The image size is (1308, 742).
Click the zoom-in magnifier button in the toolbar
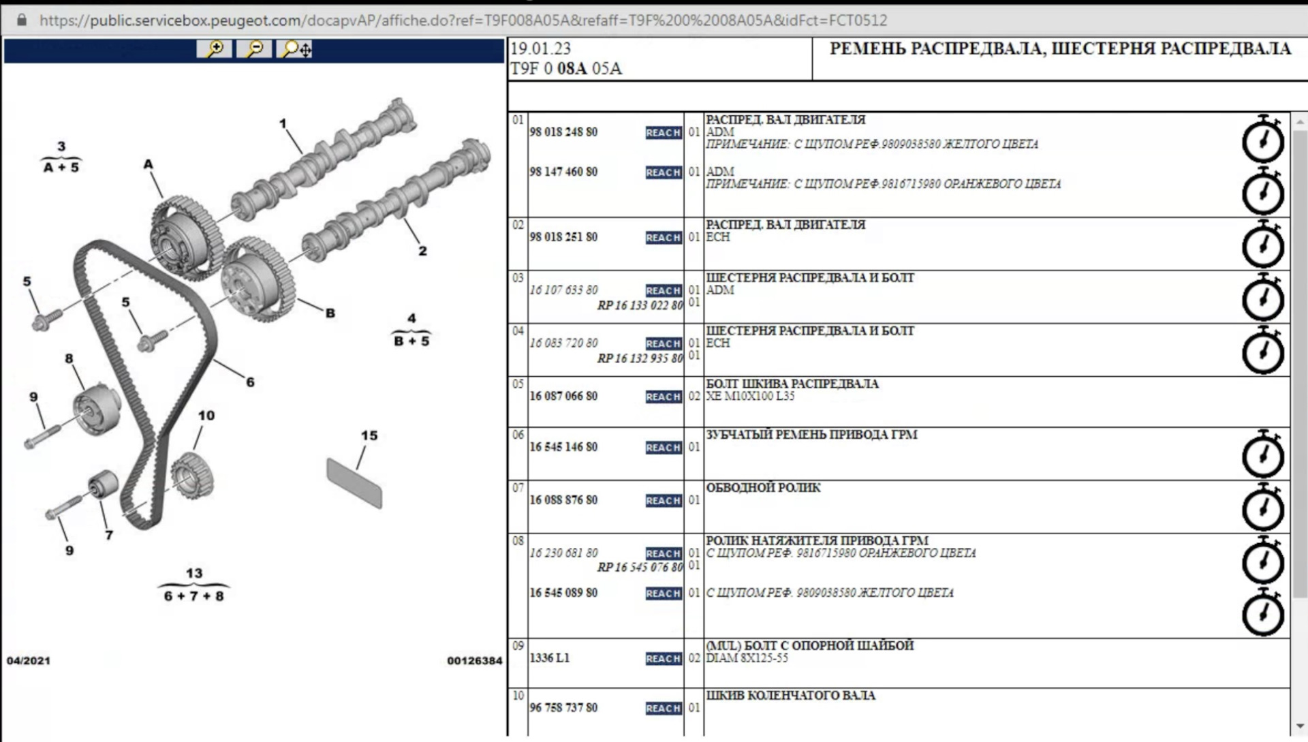[215, 49]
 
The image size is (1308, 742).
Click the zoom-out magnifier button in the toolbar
[254, 49]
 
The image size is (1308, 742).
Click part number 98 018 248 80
[563, 132]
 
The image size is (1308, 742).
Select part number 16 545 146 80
[563, 447]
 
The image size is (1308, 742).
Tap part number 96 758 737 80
[563, 708]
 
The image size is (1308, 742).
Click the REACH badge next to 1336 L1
[664, 659]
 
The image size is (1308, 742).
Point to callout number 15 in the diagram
[369, 435]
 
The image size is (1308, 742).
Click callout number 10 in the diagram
[206, 416]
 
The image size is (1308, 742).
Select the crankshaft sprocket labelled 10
[192, 476]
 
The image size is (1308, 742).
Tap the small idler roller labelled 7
[103, 484]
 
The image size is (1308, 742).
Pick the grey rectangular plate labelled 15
[354, 483]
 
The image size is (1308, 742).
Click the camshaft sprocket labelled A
[185, 238]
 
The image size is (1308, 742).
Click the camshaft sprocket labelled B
[258, 280]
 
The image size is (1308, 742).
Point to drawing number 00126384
[475, 661]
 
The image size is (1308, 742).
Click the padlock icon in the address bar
[21, 20]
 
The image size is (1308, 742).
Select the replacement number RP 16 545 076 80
[640, 568]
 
